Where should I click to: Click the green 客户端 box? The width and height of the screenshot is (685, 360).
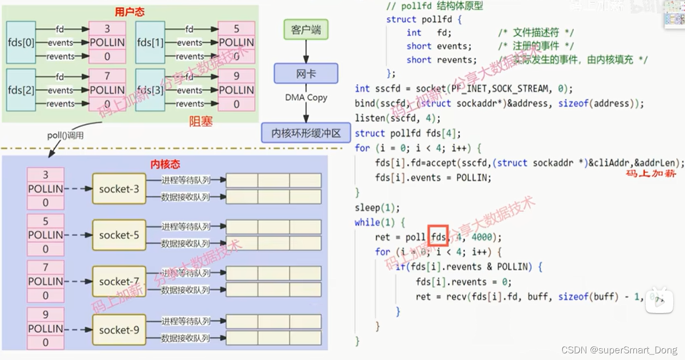point(306,30)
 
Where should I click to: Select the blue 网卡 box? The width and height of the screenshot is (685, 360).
point(306,74)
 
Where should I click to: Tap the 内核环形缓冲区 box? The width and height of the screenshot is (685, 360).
point(306,133)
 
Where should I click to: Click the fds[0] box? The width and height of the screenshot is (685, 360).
point(21,42)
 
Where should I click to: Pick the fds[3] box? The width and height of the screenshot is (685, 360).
point(150,90)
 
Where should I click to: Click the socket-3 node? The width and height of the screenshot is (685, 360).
point(119,189)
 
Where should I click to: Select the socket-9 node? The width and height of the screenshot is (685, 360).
point(119,330)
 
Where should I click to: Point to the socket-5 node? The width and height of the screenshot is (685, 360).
point(119,235)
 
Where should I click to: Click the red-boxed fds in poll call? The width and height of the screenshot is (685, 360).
point(438,237)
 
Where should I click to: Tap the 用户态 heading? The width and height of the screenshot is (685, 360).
point(130,12)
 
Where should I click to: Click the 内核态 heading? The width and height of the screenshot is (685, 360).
point(164,164)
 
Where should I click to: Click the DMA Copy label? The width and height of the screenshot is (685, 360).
point(306,98)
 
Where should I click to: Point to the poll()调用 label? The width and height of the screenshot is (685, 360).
point(65,136)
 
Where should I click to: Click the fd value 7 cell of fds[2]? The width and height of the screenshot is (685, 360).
point(107,76)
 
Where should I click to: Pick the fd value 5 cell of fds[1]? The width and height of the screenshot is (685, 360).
point(237,29)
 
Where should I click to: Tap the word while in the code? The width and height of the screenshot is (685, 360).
point(367,223)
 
